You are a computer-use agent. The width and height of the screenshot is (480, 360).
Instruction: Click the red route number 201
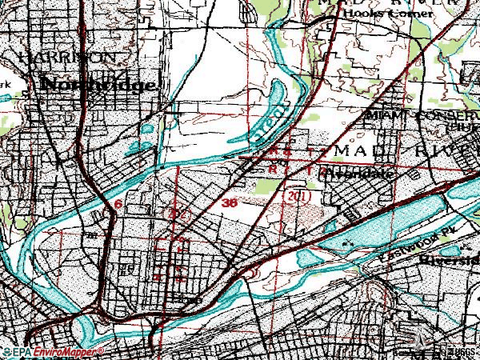[x=296, y=196]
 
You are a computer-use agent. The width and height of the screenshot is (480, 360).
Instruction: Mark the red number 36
[x=230, y=204]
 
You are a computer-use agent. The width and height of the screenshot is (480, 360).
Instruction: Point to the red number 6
[x=118, y=206]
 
